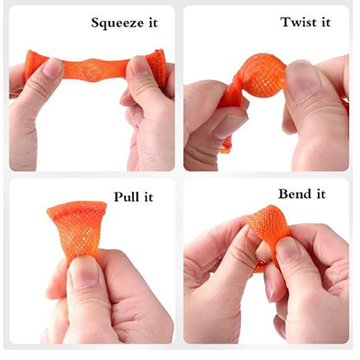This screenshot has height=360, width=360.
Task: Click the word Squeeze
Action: pyautogui.click(x=117, y=23)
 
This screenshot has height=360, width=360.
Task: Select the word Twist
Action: pyautogui.click(x=298, y=22)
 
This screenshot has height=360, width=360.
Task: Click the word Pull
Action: pyautogui.click(x=126, y=197)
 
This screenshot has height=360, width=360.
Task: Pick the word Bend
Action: pyautogui.click(x=295, y=193)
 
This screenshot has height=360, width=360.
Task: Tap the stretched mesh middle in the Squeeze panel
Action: pyautogui.click(x=94, y=69)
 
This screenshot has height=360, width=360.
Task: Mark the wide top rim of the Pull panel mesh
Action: pyautogui.click(x=76, y=208)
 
